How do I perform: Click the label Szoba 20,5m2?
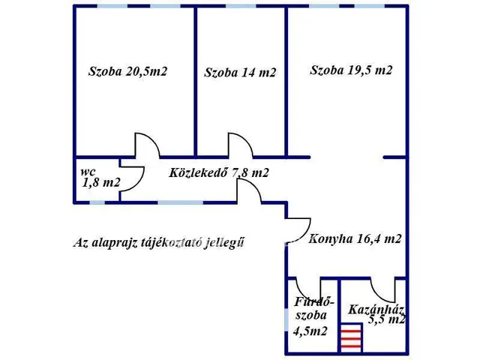pos(127,72)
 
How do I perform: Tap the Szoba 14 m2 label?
pos(240,73)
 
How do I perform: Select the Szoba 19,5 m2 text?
pos(352,70)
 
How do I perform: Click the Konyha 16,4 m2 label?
pos(355,240)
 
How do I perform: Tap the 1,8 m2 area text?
pos(101,181)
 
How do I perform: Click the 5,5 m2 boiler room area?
pos(386,319)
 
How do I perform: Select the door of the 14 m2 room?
pos(239,144)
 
